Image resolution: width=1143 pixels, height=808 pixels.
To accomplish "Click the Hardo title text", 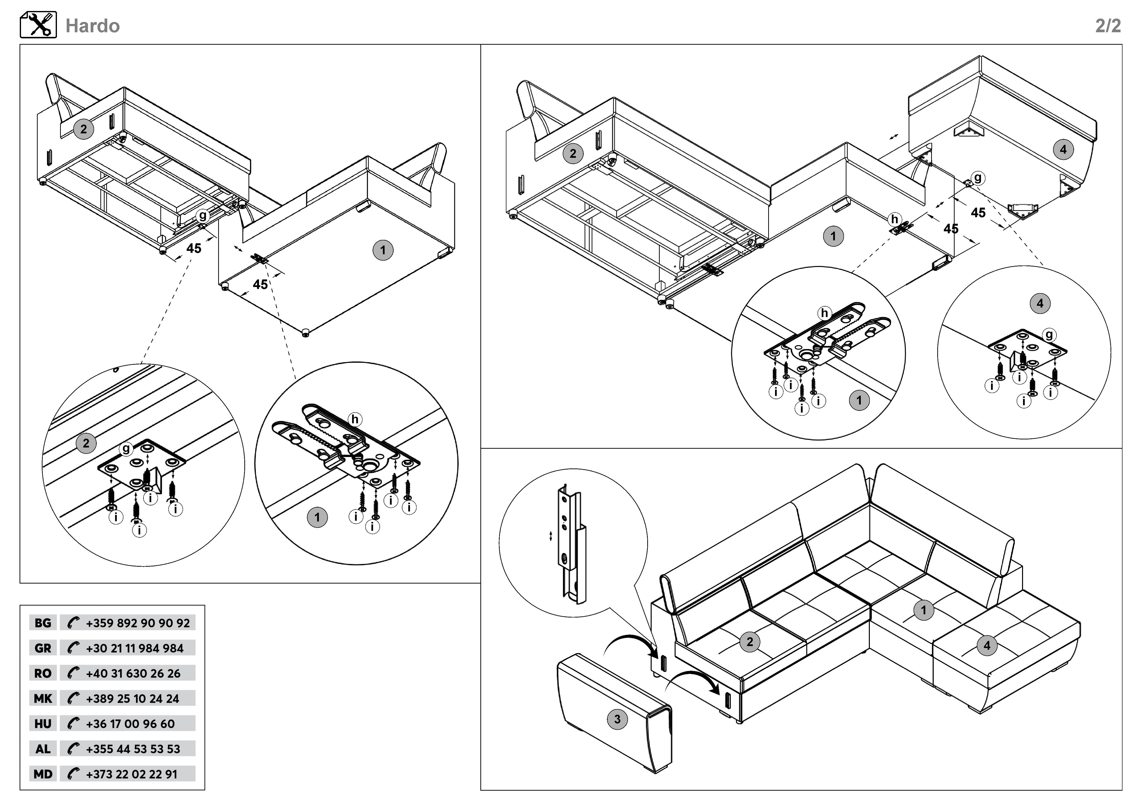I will pos(93,26).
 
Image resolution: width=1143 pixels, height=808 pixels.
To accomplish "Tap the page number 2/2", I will pos(1108,26).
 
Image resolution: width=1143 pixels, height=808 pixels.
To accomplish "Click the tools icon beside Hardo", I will pos(38,25).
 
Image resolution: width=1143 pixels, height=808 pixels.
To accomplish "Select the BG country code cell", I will pos(43,623).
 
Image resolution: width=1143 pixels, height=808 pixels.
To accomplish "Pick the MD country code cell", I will pos(43,774).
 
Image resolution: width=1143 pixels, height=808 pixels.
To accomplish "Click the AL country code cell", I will pos(43,749).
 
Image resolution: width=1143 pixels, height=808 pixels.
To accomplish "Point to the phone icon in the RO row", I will pos(73,673).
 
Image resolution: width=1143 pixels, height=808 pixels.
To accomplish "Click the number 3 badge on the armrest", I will pos(617,719).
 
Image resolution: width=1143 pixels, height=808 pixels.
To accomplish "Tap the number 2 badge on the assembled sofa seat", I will pos(750,642).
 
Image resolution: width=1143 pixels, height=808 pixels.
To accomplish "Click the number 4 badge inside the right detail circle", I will pos(1040,304).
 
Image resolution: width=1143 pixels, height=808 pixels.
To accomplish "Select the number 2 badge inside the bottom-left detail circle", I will pos(86,443).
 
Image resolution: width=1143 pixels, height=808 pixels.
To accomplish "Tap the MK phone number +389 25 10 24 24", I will pos(132,699).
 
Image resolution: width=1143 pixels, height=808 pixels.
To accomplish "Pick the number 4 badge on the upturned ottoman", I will pos(1063,149).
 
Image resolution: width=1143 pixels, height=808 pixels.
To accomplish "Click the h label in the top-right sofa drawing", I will pos(895,219).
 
